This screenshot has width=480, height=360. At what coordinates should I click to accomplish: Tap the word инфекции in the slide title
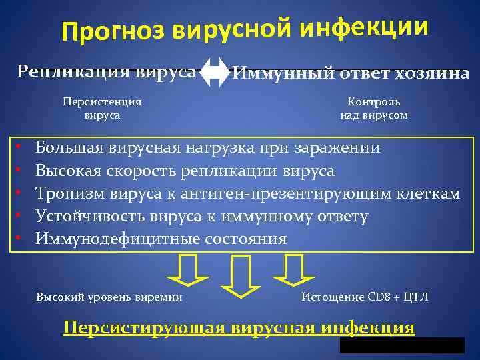[x=365, y=25]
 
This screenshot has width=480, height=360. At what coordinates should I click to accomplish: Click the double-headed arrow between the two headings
[x=214, y=71]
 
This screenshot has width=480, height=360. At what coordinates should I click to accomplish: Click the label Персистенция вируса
[x=101, y=109]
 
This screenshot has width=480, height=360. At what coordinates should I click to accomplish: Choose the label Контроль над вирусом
[x=373, y=109]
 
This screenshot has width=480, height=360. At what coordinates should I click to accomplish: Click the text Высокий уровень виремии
[x=109, y=297]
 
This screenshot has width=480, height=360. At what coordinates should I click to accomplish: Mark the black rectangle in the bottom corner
[x=401, y=345]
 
